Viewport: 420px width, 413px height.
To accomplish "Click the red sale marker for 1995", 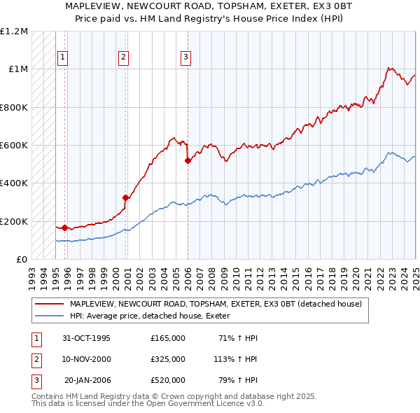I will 64,227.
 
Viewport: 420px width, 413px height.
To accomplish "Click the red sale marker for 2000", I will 125,197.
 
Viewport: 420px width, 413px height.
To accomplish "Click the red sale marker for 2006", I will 188,160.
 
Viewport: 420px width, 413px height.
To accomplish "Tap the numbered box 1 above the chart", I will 63,57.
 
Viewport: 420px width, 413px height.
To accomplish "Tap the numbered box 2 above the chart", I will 123,57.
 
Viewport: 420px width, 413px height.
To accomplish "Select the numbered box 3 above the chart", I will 185,57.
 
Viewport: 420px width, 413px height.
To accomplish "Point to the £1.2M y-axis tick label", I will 14,31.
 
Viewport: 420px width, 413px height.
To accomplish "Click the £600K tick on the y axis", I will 14,146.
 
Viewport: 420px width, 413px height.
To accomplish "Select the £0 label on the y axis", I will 21,260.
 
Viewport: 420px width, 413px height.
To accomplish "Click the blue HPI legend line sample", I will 49,316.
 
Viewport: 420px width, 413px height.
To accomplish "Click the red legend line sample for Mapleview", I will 49,304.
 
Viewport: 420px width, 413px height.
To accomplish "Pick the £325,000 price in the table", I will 167,359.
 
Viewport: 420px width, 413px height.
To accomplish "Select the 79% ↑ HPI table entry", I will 238,380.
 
